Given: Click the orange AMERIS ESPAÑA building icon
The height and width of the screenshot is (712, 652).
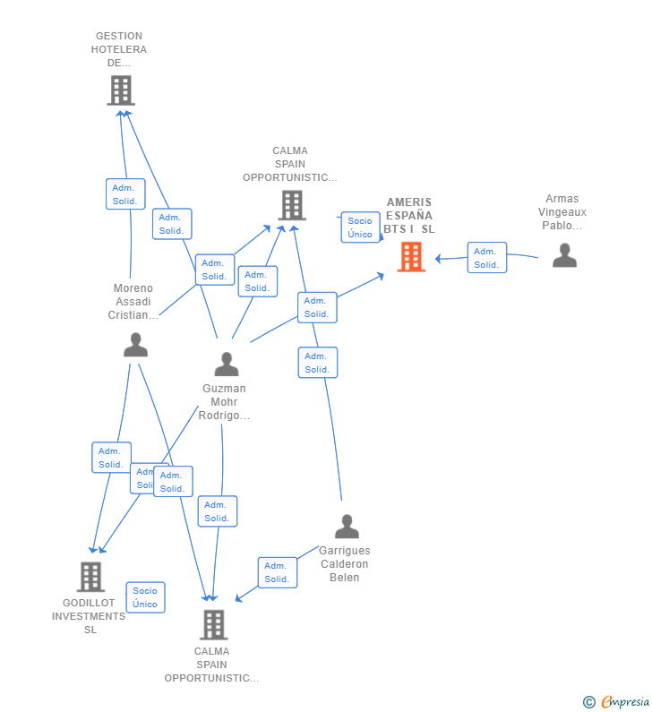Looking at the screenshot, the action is pyautogui.click(x=411, y=256).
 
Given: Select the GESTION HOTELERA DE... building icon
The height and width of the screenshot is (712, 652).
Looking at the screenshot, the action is pyautogui.click(x=121, y=90).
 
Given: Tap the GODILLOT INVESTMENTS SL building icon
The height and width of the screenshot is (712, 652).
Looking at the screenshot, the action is pyautogui.click(x=90, y=577).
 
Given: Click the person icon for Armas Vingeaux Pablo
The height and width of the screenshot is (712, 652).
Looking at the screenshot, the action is pyautogui.click(x=564, y=255).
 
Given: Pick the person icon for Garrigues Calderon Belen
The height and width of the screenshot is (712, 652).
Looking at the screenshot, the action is pyautogui.click(x=347, y=527).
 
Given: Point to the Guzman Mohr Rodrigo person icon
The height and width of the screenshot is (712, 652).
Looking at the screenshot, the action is pyautogui.click(x=227, y=364).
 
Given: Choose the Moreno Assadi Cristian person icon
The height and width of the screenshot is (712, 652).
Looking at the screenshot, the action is pyautogui.click(x=136, y=344).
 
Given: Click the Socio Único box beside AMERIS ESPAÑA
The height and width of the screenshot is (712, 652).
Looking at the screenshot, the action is pyautogui.click(x=361, y=227).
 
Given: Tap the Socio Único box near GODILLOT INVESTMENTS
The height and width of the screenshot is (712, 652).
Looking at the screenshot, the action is pyautogui.click(x=145, y=597).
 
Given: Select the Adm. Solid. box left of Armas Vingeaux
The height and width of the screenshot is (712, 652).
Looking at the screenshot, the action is pyautogui.click(x=486, y=257).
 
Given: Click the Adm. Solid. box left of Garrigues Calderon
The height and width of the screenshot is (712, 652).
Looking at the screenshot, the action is pyautogui.click(x=278, y=572).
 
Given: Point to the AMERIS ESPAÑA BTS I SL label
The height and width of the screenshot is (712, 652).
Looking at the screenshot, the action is pyautogui.click(x=409, y=215).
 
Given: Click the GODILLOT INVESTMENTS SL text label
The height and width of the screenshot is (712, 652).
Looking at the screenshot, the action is pyautogui.click(x=89, y=616).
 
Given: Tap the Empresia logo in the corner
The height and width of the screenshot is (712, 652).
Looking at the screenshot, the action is pyautogui.click(x=625, y=701).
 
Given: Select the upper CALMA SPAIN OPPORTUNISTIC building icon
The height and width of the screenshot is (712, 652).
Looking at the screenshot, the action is pyautogui.click(x=292, y=205).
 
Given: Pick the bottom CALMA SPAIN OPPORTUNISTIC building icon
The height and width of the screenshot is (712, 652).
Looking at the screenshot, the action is pyautogui.click(x=213, y=625).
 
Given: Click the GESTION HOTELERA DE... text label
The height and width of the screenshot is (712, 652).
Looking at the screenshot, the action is pyautogui.click(x=119, y=49).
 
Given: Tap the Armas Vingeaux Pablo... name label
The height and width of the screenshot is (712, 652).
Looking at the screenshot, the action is pyautogui.click(x=562, y=211).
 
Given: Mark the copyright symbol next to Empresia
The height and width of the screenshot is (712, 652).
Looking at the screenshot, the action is pyautogui.click(x=589, y=702).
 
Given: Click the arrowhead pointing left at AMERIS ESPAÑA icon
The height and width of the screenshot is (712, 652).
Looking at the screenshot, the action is pyautogui.click(x=438, y=259).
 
